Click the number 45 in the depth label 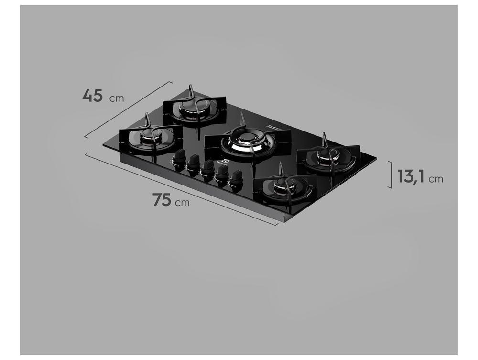coord(92,95)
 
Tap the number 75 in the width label coord(162,199)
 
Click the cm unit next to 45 coord(117,99)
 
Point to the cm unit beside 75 coord(182,203)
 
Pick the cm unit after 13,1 coord(435,179)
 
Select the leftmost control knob coord(179,158)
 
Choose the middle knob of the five coord(207,168)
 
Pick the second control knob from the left coord(193,163)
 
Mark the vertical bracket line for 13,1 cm coord(391,175)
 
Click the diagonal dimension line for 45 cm coord(128,109)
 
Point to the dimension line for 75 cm coord(182,189)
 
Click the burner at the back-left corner coord(192,108)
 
